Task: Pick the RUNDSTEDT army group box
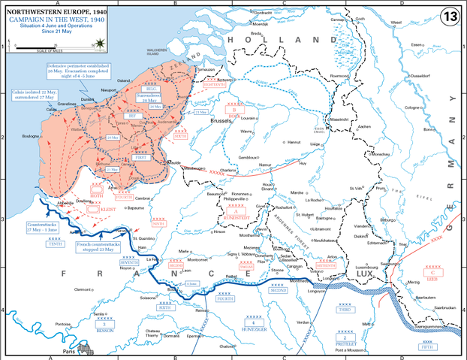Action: [x=238, y=213]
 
